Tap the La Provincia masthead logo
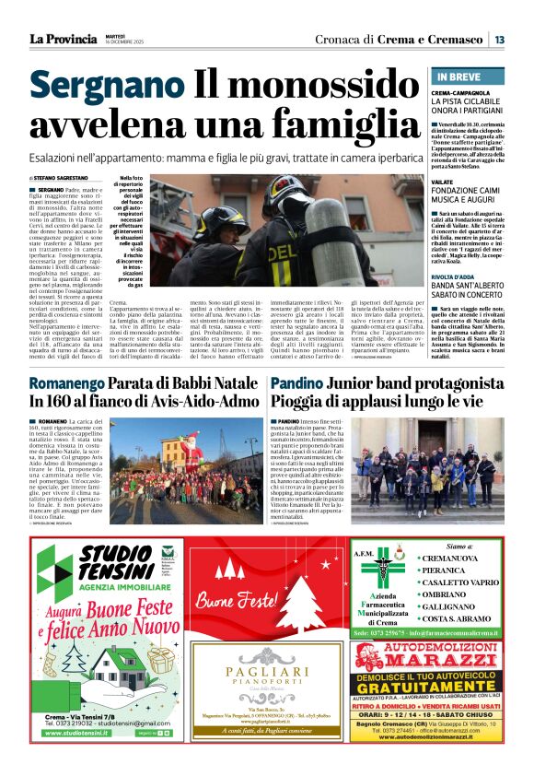pos(64,39)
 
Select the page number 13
pos(498,40)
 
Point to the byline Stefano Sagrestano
pos(64,178)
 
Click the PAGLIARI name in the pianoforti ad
pos(262,674)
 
